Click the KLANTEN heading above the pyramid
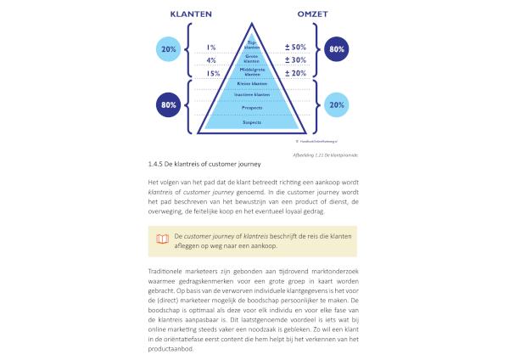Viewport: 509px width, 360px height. tap(191, 14)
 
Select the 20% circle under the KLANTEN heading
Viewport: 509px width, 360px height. tap(167, 50)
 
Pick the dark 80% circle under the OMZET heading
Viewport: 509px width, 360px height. tap(337, 50)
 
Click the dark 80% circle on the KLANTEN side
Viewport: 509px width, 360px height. tap(167, 105)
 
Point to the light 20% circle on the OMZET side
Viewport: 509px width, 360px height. tap(337, 105)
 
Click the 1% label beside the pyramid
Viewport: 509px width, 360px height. tap(211, 48)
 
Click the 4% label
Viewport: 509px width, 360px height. tap(211, 60)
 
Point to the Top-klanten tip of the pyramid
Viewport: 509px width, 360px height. tap(252, 45)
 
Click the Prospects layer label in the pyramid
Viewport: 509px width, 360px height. tap(252, 108)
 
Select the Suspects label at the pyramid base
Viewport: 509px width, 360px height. tap(252, 122)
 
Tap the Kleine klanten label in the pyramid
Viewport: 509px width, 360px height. tap(252, 84)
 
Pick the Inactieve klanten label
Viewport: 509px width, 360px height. tap(252, 95)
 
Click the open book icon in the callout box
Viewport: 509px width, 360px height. tap(162, 239)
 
